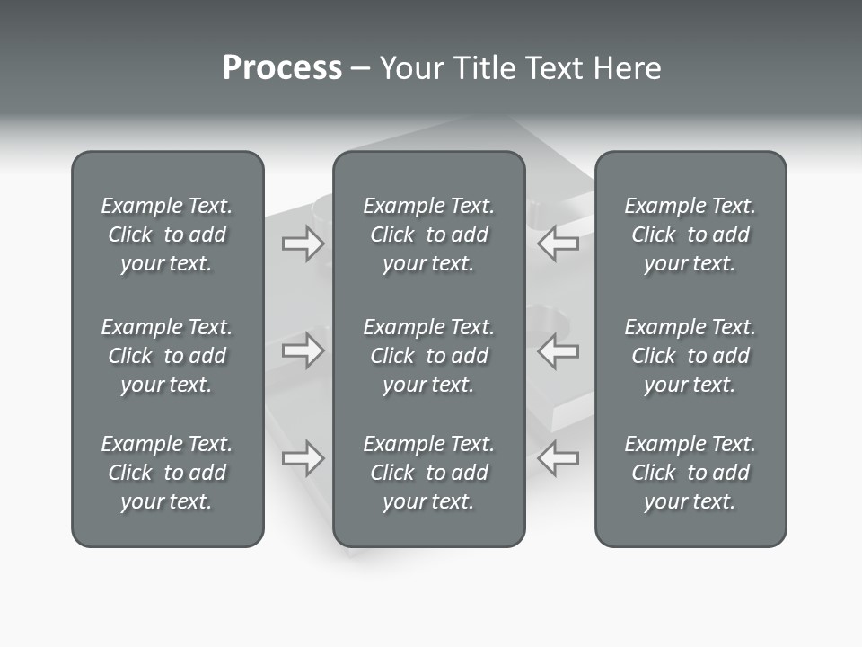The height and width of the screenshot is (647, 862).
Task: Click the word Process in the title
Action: click(282, 68)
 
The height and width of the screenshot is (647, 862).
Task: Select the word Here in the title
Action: click(628, 68)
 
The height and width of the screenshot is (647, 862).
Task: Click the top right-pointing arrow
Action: click(303, 244)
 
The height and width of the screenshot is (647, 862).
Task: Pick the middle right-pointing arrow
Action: click(303, 350)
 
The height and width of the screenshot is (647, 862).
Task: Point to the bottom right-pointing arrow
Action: click(303, 457)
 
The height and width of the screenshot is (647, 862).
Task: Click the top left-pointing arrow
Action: click(559, 244)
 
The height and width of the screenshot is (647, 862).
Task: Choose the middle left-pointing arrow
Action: click(559, 350)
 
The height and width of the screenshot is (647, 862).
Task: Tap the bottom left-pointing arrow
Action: click(559, 457)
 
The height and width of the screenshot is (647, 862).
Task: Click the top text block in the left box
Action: click(167, 235)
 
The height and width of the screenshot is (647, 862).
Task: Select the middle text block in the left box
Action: click(167, 356)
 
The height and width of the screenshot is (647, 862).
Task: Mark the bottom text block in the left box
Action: click(167, 473)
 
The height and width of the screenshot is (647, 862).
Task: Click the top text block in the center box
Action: click(428, 235)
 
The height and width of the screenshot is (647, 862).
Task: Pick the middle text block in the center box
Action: click(428, 356)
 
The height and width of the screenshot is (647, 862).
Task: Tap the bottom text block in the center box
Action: click(428, 473)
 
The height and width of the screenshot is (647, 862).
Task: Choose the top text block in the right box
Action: click(690, 235)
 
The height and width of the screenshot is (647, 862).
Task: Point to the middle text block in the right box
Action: click(690, 356)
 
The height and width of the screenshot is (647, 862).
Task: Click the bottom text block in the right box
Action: click(690, 473)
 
